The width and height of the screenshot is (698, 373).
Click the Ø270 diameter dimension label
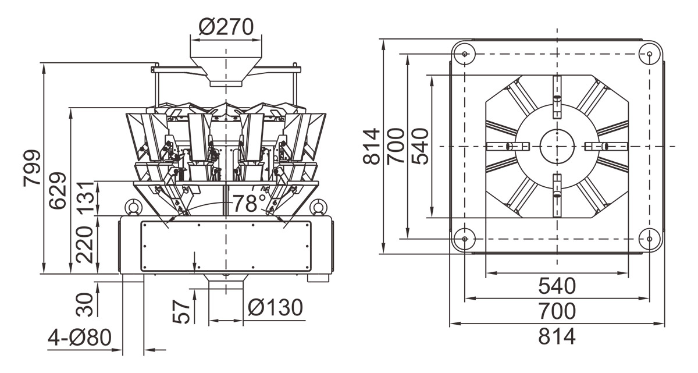point(226,27)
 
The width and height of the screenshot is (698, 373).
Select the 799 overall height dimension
point(33,169)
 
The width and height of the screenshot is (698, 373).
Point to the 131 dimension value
point(86,198)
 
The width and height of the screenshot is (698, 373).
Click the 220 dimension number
point(86,245)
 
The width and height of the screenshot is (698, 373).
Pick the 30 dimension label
point(86,304)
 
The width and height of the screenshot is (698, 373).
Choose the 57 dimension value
point(182,312)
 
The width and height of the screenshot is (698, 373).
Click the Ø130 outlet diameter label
point(275,307)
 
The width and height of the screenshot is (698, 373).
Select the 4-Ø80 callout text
point(80,338)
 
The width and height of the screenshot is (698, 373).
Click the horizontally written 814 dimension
point(557,336)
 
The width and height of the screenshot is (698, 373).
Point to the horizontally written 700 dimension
point(557,311)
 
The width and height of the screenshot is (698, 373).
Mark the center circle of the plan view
point(557,145)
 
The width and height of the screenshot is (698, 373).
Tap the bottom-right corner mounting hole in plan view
point(649,238)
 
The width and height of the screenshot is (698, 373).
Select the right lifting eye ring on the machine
point(318,207)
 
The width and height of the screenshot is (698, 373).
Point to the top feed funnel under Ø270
point(226,66)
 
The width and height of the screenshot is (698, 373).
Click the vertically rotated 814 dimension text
point(371,146)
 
